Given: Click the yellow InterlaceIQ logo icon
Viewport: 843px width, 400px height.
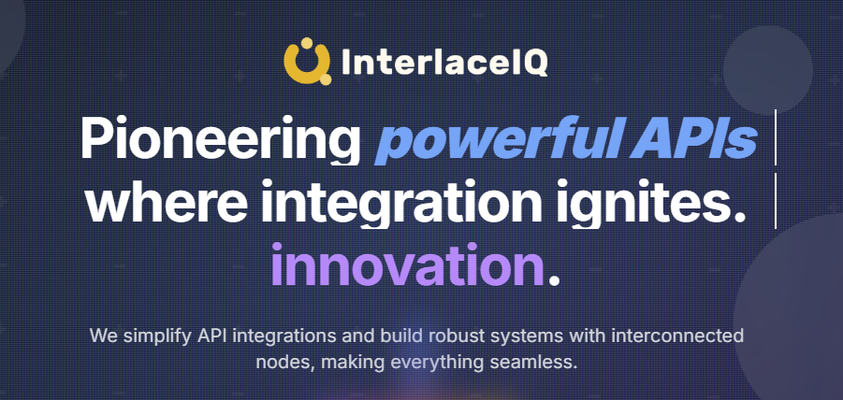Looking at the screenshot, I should click(x=307, y=61).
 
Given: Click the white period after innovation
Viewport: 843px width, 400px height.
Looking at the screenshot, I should click(x=555, y=276).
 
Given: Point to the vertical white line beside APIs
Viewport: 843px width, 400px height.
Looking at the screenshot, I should click(x=776, y=137).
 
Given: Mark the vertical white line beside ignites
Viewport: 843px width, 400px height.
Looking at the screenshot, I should click(x=776, y=200).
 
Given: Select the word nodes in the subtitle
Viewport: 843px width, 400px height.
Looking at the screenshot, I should click(x=281, y=361).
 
